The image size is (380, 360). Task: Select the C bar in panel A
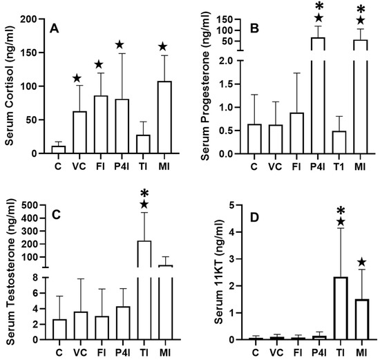pyautogui.click(x=59, y=149)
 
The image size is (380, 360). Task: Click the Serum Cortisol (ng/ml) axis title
pyautogui.click(x=10, y=85)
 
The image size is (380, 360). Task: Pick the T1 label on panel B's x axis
pyautogui.click(x=340, y=166)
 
